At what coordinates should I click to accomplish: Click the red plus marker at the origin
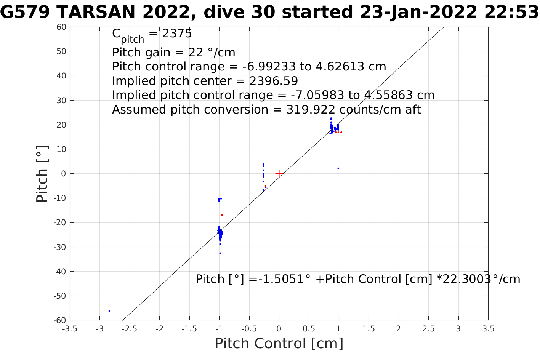[x=279, y=173]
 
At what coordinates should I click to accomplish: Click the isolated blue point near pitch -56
[x=109, y=311]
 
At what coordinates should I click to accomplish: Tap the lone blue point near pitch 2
[x=338, y=168]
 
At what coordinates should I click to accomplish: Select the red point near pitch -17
[x=222, y=215]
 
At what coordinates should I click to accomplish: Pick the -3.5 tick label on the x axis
[x=69, y=329]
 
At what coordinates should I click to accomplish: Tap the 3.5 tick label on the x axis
[x=488, y=329]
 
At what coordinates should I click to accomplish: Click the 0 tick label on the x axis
[x=279, y=329]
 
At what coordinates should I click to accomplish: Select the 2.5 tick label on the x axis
[x=428, y=329]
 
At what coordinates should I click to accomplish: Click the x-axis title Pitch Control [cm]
[x=279, y=344]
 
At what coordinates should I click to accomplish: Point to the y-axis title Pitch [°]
[x=42, y=174]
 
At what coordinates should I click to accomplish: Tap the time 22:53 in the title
[x=511, y=13]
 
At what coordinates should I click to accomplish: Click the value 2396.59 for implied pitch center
[x=274, y=81]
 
